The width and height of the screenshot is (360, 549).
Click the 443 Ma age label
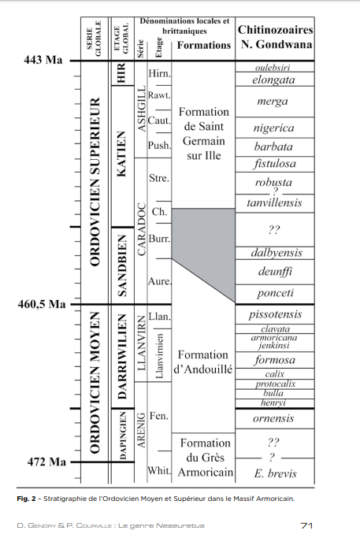point(43,60)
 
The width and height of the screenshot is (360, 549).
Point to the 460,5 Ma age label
point(42,304)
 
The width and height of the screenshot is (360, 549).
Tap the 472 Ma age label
point(46,462)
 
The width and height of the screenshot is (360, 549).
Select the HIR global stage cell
point(122,73)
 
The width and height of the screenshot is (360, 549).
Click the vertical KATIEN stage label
point(121,154)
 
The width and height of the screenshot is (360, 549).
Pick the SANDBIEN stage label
point(121,265)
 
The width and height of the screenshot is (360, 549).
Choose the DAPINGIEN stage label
point(123,436)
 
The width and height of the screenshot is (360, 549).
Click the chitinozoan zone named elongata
point(274,80)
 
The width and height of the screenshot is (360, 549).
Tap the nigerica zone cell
point(274,128)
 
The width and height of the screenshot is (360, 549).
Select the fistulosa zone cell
point(275,164)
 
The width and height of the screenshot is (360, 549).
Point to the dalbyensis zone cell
point(276,253)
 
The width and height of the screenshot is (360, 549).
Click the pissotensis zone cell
point(275,314)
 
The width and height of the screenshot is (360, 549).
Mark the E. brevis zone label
point(275,473)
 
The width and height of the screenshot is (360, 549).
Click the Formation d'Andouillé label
point(203,362)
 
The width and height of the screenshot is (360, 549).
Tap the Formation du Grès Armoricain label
point(206,458)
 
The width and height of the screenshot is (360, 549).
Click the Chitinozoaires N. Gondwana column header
point(275,37)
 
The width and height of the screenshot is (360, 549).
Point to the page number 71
point(306,525)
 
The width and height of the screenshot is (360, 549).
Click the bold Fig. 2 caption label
point(26,499)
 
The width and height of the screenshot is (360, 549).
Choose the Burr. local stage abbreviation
point(159,239)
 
